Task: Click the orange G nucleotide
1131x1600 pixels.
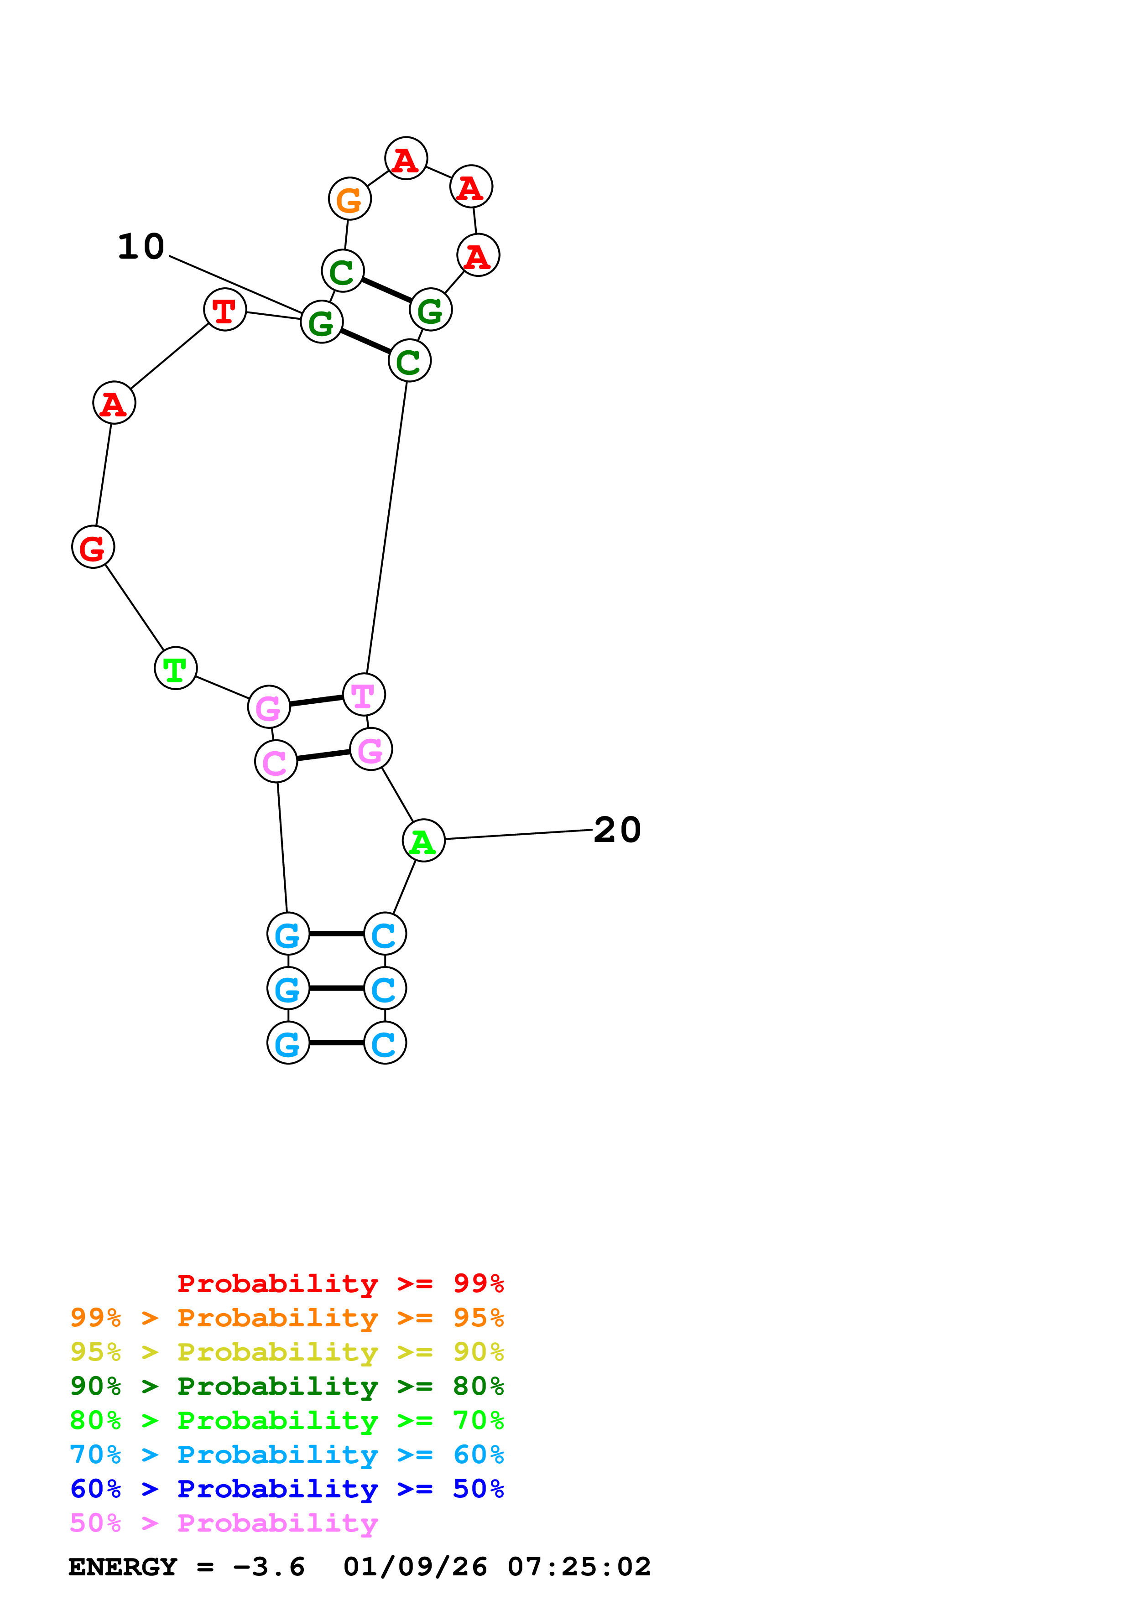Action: [x=349, y=199]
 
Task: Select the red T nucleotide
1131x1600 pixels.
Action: [x=224, y=310]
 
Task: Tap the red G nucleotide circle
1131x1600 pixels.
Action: [x=93, y=547]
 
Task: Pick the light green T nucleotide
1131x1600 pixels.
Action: [x=176, y=668]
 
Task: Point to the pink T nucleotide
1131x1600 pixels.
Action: [x=364, y=695]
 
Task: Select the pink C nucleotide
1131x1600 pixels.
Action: [x=276, y=762]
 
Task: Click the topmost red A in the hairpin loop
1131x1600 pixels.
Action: [x=406, y=159]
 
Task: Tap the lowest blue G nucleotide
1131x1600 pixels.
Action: [x=288, y=1043]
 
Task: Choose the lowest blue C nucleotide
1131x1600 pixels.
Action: [x=385, y=1043]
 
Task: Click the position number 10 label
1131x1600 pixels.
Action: [x=141, y=247]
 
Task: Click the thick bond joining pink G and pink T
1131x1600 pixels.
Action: [x=316, y=701]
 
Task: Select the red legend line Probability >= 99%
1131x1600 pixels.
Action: [x=340, y=1283]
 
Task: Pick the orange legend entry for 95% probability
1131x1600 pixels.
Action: [x=287, y=1318]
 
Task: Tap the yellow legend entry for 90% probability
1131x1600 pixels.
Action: [x=287, y=1352]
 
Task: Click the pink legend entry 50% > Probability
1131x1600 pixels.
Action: [x=224, y=1523]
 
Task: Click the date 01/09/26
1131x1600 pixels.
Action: [x=415, y=1567]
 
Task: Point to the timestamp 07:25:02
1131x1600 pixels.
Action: [x=579, y=1567]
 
